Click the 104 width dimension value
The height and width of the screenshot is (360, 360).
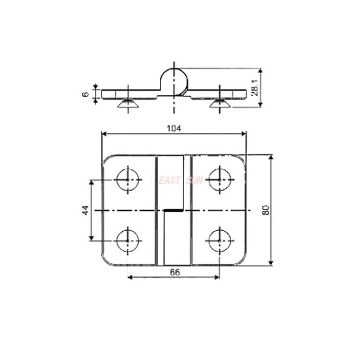pyautogui.click(x=174, y=128)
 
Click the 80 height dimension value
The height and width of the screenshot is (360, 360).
pyautogui.click(x=265, y=210)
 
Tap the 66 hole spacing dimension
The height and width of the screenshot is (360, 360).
pyautogui.click(x=174, y=271)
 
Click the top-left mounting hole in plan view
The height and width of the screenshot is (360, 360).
pyautogui.click(x=128, y=179)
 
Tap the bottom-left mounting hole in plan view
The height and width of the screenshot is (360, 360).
pyautogui.click(x=128, y=240)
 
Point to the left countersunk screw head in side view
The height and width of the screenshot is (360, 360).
pyautogui.click(x=128, y=105)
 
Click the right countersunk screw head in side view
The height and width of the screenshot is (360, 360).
pyautogui.click(x=220, y=105)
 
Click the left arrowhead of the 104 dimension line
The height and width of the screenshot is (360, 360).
pyautogui.click(x=104, y=133)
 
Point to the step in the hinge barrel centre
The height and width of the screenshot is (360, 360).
pyautogui.click(x=174, y=210)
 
